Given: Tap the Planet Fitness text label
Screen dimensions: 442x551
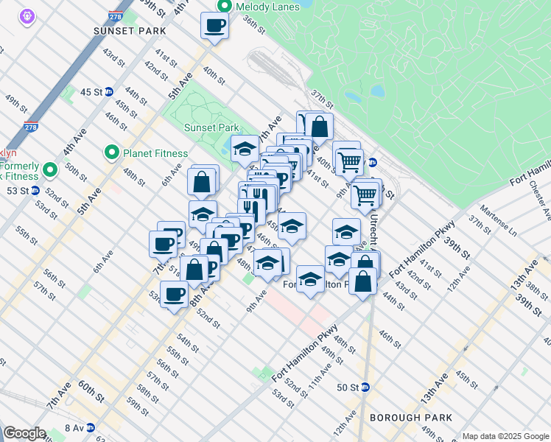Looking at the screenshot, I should point(154,153).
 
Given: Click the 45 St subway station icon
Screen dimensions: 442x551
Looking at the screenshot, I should point(109,92).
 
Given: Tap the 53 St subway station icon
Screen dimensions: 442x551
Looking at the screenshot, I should point(35,191).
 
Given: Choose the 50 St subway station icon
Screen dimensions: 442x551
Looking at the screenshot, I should point(365,387).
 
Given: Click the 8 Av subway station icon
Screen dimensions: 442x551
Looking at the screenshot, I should point(90,427).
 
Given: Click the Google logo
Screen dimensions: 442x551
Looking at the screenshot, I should point(24,433).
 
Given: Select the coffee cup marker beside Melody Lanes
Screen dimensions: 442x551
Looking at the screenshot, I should point(214,26).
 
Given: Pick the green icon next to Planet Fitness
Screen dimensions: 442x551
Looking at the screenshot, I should point(112,153).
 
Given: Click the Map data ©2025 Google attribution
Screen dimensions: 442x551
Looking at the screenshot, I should point(505,436).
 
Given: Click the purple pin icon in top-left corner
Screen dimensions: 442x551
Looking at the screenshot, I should point(27,15).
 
